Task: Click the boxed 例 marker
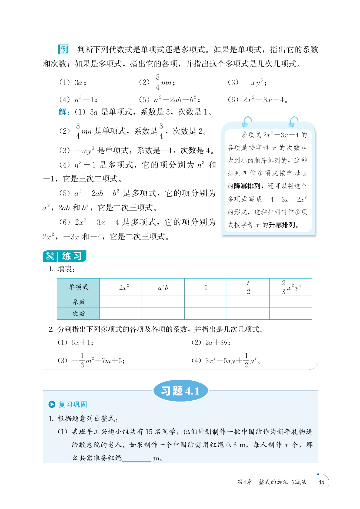click(64, 49)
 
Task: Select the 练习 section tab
click(65, 256)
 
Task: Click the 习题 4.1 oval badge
click(180, 391)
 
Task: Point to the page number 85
click(321, 482)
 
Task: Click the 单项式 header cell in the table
click(78, 287)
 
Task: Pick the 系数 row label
click(78, 302)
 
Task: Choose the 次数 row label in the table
click(78, 314)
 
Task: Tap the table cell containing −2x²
click(121, 287)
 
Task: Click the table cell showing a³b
click(163, 287)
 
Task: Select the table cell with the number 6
click(206, 287)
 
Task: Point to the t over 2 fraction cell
click(248, 287)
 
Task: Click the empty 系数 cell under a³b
click(163, 302)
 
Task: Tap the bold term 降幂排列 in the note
click(247, 186)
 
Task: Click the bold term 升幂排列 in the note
click(282, 225)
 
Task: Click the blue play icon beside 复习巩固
click(52, 404)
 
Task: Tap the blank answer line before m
click(136, 458)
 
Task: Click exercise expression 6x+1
click(82, 342)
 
